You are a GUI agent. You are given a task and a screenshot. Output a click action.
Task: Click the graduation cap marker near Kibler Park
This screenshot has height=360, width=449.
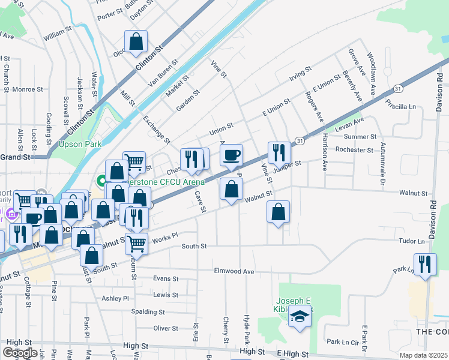click(300, 316)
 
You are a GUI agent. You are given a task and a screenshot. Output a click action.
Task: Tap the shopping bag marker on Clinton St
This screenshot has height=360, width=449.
click(136, 42)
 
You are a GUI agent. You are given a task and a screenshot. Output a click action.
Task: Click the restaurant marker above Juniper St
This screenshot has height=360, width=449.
click(279, 154)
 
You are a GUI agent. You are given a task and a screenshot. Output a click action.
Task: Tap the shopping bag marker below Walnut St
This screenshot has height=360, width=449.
click(279, 212)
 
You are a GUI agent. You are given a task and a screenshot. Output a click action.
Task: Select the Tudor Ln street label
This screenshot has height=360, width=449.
click(411, 241)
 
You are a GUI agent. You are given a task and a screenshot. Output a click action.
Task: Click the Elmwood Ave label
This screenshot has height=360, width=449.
click(234, 271)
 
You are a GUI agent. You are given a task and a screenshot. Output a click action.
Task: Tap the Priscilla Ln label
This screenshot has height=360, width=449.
click(402, 107)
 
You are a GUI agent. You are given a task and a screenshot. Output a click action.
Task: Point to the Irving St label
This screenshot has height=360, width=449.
click(298, 75)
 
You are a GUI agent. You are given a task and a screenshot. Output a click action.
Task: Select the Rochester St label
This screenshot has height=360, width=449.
click(354, 149)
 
